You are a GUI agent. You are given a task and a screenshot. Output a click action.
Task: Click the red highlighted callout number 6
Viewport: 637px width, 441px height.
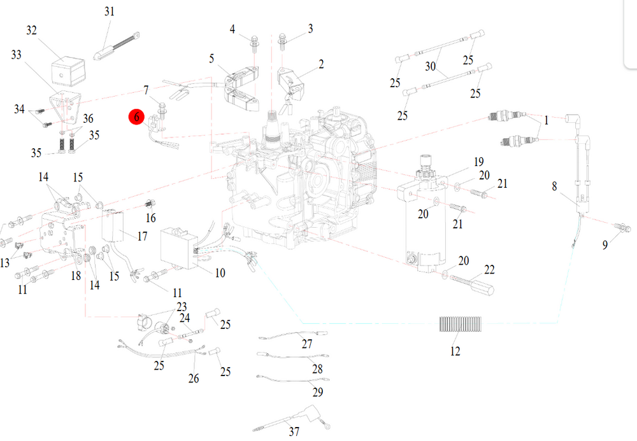tap(136, 118)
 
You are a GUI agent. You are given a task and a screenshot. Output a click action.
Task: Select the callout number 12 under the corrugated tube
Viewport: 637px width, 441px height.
tap(455, 351)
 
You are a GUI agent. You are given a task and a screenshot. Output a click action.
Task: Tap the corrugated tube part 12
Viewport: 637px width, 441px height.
tap(461, 324)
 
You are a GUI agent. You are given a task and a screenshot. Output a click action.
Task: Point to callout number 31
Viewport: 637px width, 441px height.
tap(110, 11)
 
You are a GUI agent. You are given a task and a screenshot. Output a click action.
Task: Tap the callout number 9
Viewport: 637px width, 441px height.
tap(605, 241)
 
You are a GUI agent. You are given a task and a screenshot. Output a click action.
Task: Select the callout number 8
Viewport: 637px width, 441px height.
tap(554, 186)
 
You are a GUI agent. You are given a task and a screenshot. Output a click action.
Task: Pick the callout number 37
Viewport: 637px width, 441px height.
tap(294, 433)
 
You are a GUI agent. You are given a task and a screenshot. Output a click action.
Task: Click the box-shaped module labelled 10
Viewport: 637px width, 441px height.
tap(180, 249)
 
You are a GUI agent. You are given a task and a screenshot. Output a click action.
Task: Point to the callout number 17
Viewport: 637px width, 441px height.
tap(142, 237)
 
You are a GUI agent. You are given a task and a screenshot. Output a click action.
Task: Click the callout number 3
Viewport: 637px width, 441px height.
tap(310, 29)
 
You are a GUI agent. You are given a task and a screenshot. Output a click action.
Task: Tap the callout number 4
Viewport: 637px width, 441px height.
tap(233, 29)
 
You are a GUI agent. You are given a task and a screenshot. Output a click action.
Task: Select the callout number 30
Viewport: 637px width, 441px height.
tap(431, 66)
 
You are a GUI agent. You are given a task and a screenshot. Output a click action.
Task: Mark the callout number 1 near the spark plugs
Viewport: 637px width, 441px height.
tap(547, 119)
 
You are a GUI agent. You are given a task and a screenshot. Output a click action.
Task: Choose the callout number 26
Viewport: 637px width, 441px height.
tap(194, 379)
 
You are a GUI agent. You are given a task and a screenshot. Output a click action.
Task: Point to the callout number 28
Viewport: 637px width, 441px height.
tap(317, 369)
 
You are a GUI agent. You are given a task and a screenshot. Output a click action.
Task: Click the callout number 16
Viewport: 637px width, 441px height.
tap(151, 218)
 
